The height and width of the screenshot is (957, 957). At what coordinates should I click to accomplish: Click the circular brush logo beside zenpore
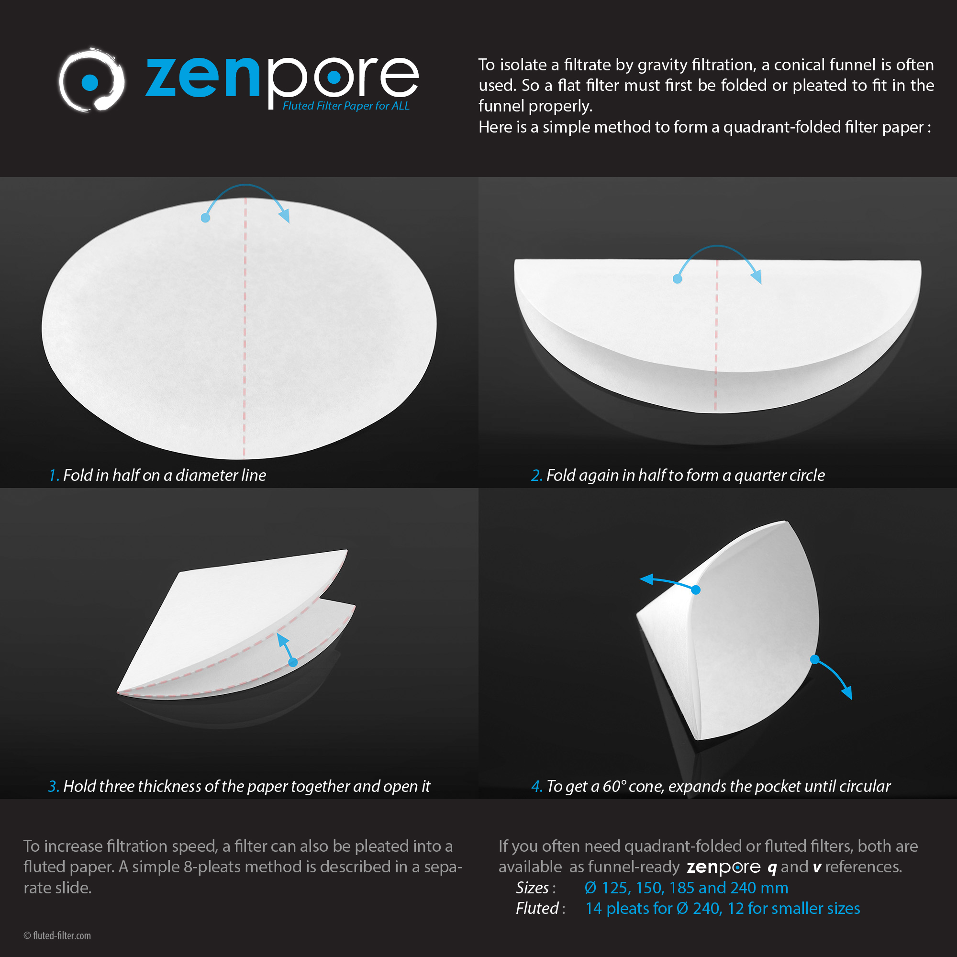[92, 80]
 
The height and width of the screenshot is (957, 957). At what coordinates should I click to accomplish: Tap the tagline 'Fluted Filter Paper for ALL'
[346, 106]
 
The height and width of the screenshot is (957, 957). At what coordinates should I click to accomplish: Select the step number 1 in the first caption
[54, 476]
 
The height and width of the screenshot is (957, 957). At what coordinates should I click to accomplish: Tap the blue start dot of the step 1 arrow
[206, 218]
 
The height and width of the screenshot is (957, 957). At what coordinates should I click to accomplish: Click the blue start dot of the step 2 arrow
[678, 279]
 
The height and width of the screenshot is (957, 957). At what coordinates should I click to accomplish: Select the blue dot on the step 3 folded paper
[293, 662]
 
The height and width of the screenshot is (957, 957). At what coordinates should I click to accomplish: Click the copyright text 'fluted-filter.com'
[61, 935]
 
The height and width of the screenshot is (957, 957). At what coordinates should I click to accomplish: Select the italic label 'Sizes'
[532, 888]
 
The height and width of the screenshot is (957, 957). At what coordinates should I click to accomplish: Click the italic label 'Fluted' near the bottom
[537, 909]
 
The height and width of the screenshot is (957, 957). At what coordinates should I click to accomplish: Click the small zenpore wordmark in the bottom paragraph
[723, 868]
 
